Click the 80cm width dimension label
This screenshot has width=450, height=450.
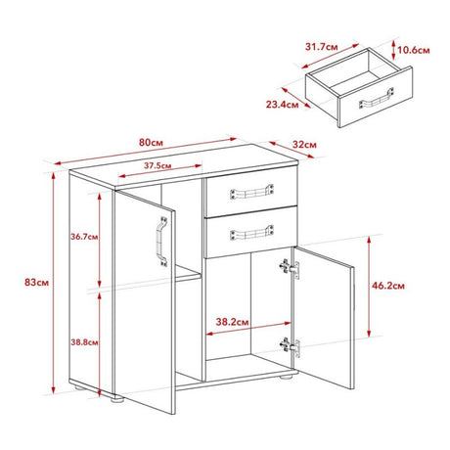pyautogui.click(x=151, y=143)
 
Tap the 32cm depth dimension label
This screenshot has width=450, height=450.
pyautogui.click(x=304, y=145)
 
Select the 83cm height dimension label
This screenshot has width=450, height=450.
pyautogui.click(x=36, y=283)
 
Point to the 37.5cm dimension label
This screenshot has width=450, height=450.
pyautogui.click(x=157, y=165)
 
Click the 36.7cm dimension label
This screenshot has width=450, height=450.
pyautogui.click(x=84, y=237)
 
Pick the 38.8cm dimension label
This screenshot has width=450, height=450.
pyautogui.click(x=84, y=342)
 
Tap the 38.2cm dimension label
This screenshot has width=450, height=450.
pyautogui.click(x=232, y=322)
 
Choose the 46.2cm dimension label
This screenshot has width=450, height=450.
pyautogui.click(x=388, y=286)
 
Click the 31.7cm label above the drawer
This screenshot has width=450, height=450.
pyautogui.click(x=321, y=47)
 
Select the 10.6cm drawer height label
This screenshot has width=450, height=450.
pyautogui.click(x=414, y=50)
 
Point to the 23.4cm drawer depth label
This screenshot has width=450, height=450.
pyautogui.click(x=282, y=105)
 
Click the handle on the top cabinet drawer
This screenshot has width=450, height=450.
pyautogui.click(x=251, y=192)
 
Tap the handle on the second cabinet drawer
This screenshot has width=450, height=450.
pyautogui.click(x=251, y=233)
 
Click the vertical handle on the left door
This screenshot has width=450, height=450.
pyautogui.click(x=162, y=242)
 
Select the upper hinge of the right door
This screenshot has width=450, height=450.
pyautogui.click(x=290, y=268)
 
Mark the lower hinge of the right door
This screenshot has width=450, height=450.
pyautogui.click(x=290, y=346)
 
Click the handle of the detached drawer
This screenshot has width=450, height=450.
pyautogui.click(x=376, y=98)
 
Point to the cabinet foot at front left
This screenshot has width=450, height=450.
pyautogui.click(x=117, y=399)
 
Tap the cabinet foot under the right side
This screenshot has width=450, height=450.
pyautogui.click(x=286, y=377)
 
